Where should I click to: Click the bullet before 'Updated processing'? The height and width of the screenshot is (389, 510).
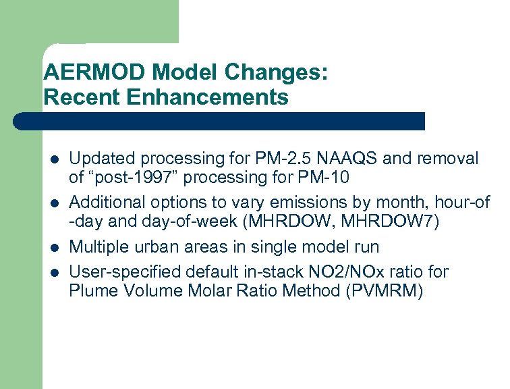pos(55,160)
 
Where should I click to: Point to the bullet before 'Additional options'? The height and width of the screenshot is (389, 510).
pos(55,203)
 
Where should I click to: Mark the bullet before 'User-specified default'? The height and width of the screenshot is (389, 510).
pos(55,272)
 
